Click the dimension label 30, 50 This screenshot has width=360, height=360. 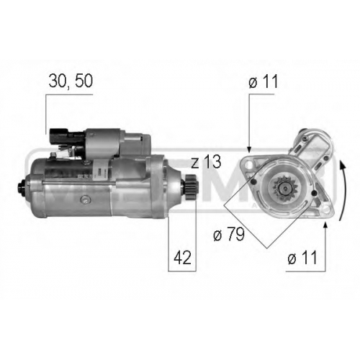(x=71, y=81)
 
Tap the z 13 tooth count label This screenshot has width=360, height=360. (x=206, y=162)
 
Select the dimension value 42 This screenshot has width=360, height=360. (x=183, y=258)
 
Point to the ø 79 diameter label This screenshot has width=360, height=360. (x=229, y=234)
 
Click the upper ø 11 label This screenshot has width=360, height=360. (x=263, y=81)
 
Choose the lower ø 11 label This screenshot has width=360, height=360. (x=302, y=258)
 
